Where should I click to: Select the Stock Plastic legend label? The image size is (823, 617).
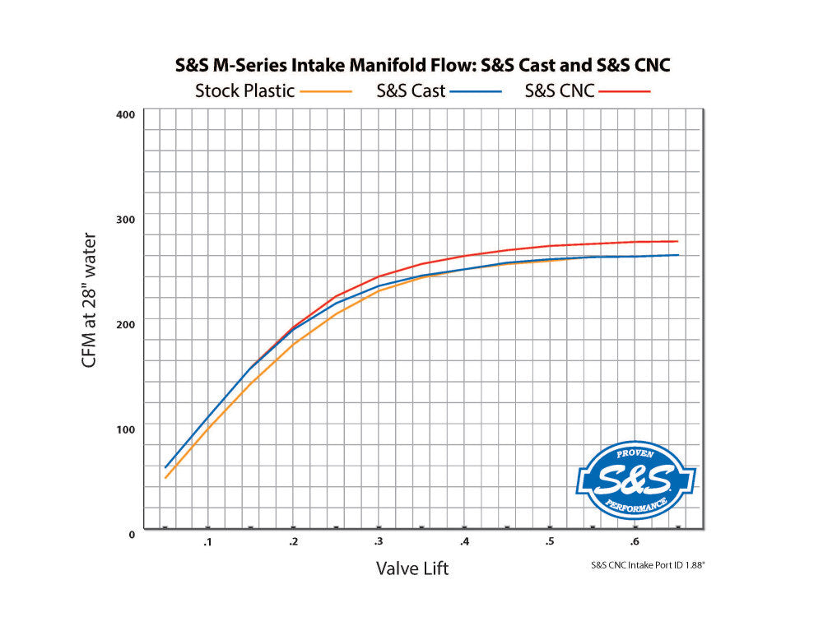click(244, 90)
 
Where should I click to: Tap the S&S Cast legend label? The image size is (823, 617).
click(411, 90)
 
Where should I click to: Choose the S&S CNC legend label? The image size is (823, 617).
click(560, 90)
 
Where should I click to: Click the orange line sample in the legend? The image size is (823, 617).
click(327, 91)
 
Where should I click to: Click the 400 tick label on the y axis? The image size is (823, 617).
click(125, 114)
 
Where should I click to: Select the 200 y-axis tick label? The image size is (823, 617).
click(125, 324)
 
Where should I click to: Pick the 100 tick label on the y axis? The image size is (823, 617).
click(125, 429)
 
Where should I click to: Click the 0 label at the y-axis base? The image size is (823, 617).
click(130, 534)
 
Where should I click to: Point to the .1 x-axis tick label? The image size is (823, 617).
click(207, 541)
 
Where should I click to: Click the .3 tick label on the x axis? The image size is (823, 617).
click(378, 541)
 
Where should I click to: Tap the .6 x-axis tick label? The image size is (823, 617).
click(635, 541)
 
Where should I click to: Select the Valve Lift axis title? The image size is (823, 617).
click(412, 568)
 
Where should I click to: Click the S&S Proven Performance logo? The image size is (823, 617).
click(635, 480)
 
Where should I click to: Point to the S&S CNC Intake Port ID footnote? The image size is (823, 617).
click(648, 565)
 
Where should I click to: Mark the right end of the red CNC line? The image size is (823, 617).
click(678, 241)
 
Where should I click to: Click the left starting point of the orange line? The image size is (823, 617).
click(165, 478)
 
